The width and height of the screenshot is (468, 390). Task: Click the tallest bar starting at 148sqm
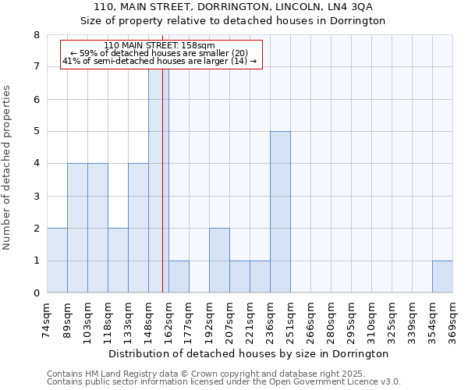coord(158,179)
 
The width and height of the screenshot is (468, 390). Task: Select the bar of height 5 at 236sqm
coord(280,212)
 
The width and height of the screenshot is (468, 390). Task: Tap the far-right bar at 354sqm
coord(442,277)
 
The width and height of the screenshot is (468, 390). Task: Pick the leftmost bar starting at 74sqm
coord(57,261)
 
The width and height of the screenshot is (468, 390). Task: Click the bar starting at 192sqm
coord(219,261)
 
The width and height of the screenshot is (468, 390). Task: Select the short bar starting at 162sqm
coord(179,277)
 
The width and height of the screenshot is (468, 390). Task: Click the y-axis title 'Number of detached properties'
coord(8,164)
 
